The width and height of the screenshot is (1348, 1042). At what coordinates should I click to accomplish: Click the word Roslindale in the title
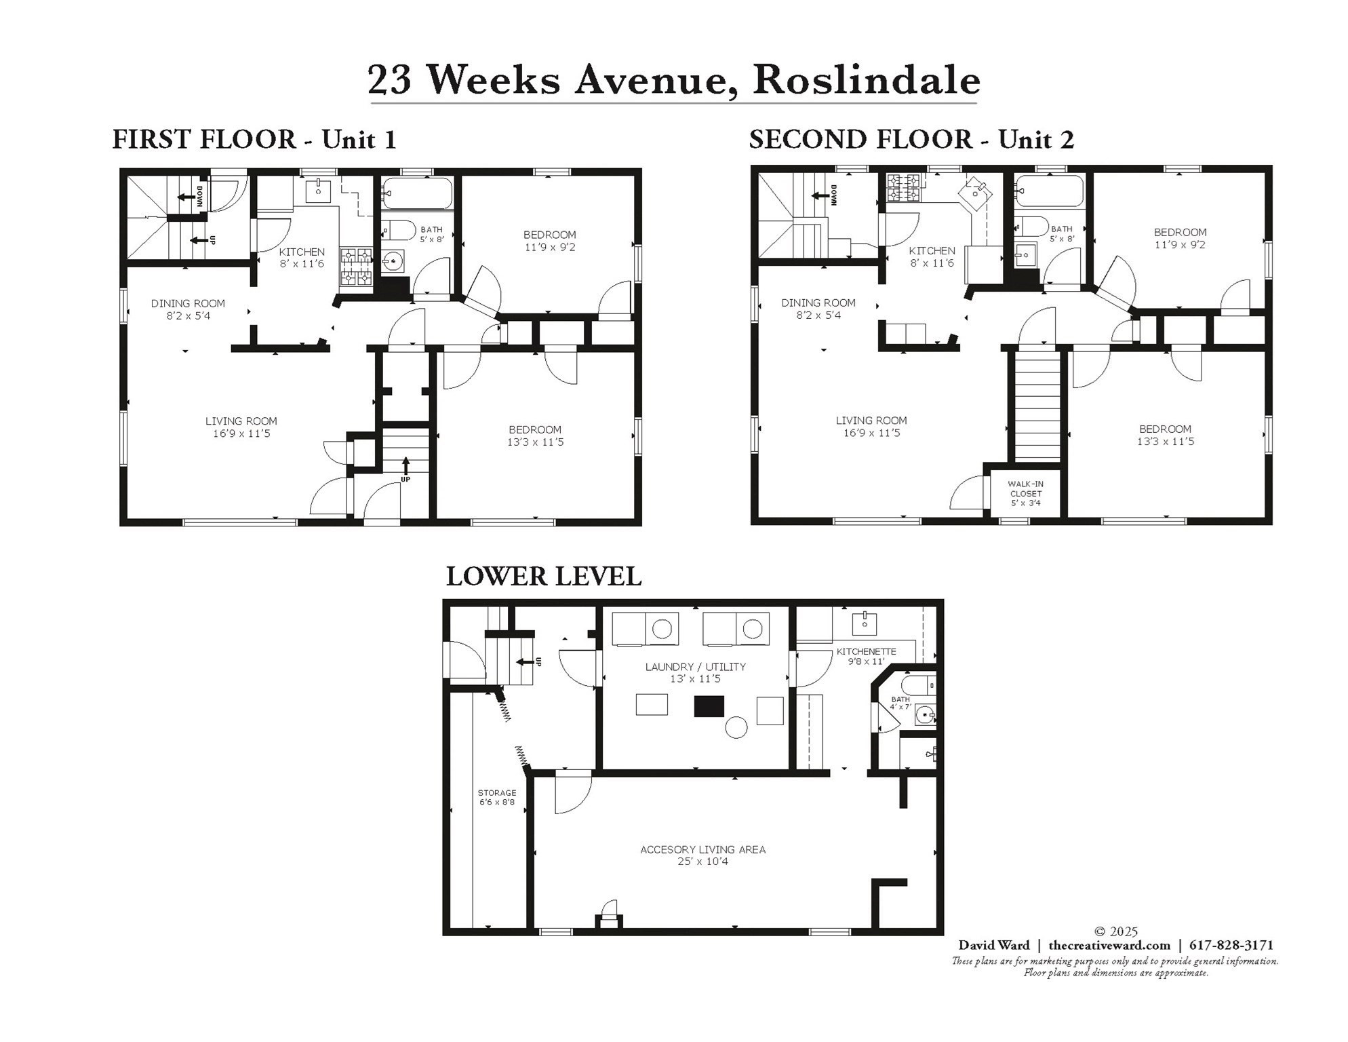(866, 80)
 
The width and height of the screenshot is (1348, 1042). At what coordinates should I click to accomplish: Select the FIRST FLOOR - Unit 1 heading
(254, 140)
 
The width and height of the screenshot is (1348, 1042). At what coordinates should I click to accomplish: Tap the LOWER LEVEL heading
(543, 577)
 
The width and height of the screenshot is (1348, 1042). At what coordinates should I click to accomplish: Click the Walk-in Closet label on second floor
(1025, 493)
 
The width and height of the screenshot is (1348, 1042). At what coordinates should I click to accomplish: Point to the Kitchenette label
(866, 651)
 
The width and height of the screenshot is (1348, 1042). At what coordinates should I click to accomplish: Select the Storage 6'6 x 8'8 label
(496, 797)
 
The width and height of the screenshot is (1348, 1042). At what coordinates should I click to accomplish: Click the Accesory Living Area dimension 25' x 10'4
(702, 862)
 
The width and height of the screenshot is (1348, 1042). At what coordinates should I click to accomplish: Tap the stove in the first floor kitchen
(355, 266)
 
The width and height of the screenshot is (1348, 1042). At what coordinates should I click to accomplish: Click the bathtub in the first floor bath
(416, 193)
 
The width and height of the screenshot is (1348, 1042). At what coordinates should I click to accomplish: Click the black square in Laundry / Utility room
(709, 706)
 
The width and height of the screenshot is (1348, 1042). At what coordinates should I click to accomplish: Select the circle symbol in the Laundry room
(736, 728)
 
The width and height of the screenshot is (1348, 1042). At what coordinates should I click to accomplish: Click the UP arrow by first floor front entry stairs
(405, 466)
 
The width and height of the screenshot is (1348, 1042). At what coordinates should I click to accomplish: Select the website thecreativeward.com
(1109, 945)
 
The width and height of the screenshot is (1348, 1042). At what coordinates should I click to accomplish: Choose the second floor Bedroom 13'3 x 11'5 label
(1165, 435)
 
